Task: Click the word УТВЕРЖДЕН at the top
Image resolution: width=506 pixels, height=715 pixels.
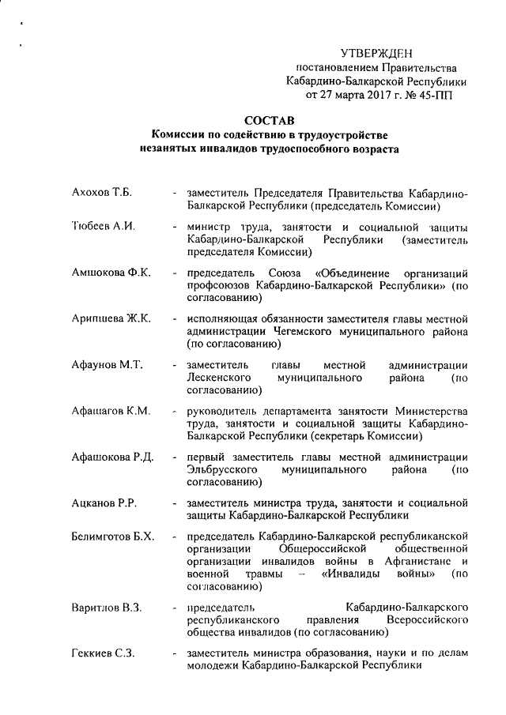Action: pos(376,53)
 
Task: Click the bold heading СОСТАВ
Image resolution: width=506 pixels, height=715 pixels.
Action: pos(268,120)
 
